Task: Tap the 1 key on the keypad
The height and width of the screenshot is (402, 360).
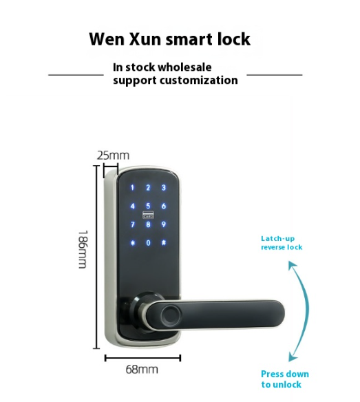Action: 132,188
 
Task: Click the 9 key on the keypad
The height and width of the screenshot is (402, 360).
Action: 164,224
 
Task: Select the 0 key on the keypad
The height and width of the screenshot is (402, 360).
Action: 148,243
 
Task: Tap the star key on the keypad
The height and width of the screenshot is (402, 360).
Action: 133,243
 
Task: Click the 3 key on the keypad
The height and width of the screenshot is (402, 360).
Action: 164,188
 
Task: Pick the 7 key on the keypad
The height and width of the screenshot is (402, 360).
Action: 133,224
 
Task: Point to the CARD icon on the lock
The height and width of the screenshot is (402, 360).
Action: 148,215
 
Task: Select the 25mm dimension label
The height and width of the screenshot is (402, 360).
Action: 113,156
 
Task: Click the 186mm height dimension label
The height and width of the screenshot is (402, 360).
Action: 83,249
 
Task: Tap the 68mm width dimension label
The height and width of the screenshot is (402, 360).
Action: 142,370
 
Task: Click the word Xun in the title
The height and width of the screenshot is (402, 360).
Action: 145,39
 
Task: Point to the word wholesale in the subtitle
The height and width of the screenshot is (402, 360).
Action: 184,67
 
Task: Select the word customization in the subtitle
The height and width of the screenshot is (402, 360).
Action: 199,81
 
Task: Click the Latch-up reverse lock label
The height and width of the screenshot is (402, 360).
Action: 282,243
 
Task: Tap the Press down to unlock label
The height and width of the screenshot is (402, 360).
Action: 284,379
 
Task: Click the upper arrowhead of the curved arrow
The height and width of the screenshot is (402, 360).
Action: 292,265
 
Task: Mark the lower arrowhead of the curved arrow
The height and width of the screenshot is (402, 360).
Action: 293,357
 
